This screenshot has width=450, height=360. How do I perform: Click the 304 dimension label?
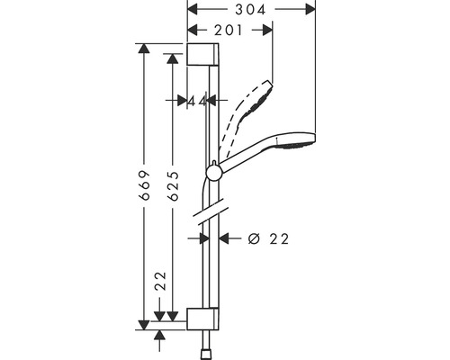(x=250, y=9)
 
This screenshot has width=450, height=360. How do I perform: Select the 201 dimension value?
(x=228, y=30)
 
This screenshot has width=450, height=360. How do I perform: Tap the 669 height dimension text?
(x=145, y=185)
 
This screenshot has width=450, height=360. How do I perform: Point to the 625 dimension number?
(x=174, y=185)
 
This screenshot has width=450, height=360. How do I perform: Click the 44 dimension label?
(x=197, y=102)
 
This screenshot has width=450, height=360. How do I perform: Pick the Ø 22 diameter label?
(x=268, y=238)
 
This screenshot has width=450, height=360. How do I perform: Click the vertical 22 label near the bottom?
(x=160, y=281)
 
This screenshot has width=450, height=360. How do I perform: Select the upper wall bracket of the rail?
(x=202, y=54)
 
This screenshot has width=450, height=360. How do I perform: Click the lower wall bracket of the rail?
(x=202, y=319)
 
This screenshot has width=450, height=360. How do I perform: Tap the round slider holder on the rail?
(x=213, y=174)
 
